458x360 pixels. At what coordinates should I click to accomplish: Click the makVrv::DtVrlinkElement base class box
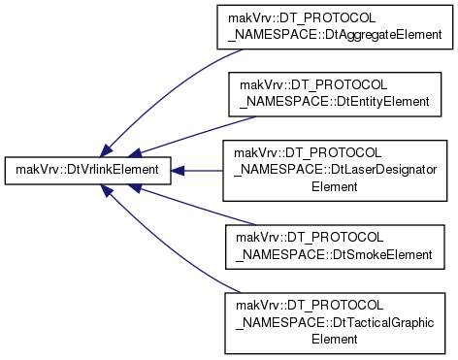click(87, 171)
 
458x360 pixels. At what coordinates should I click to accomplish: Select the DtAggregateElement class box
click(335, 27)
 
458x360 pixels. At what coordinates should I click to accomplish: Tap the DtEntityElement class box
click(335, 94)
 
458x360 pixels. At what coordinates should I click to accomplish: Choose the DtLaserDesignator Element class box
click(335, 171)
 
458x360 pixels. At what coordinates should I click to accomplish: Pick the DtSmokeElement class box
click(335, 246)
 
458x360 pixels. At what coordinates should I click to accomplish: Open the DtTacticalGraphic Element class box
click(335, 323)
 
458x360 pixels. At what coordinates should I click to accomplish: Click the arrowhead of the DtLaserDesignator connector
click(178, 171)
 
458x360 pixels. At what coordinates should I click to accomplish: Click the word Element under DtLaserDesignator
click(335, 186)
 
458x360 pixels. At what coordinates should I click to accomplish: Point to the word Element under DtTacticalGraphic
click(335, 339)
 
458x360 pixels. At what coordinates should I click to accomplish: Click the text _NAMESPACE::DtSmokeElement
click(334, 255)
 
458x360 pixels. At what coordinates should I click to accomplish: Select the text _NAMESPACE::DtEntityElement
click(335, 102)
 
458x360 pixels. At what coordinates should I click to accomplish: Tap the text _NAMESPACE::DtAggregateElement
click(335, 34)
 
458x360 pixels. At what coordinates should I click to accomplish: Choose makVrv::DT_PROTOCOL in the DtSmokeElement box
click(310, 238)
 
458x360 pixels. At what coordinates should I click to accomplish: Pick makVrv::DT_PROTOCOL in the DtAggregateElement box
click(302, 18)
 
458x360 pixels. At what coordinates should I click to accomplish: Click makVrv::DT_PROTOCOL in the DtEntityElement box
click(313, 85)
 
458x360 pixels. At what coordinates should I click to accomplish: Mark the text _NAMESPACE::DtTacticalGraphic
click(335, 323)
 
